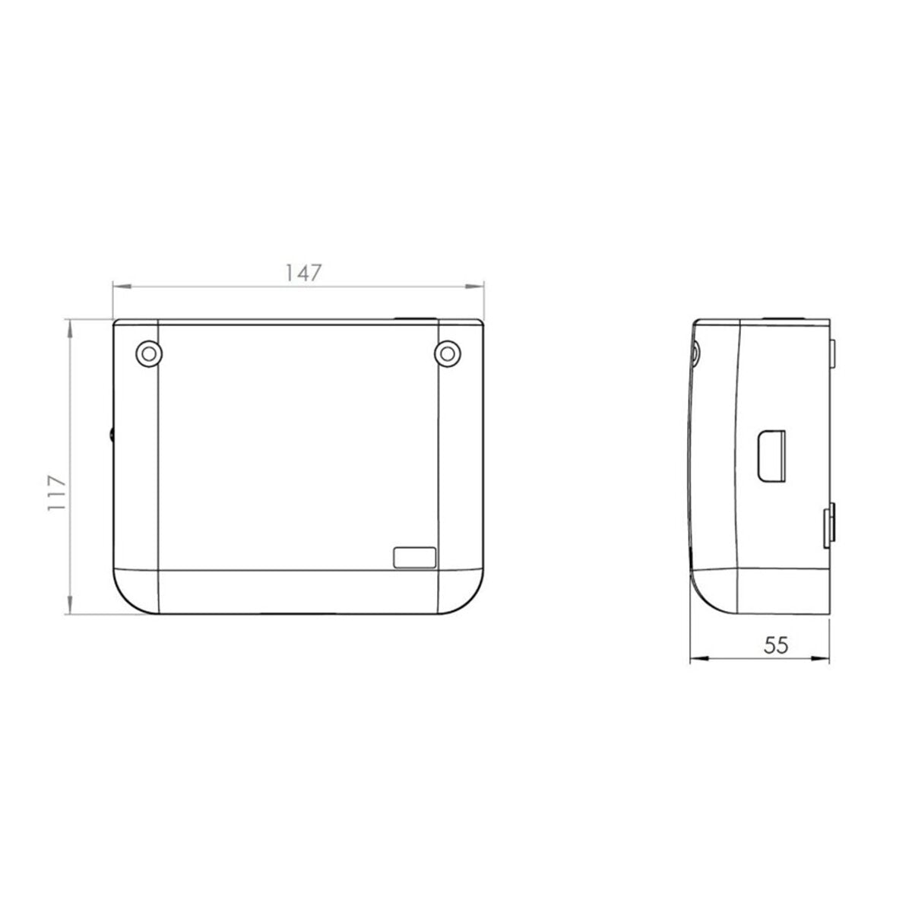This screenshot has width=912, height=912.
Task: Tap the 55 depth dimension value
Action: (777, 644)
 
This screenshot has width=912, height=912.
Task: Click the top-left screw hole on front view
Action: (147, 353)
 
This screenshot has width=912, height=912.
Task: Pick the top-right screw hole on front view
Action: (448, 353)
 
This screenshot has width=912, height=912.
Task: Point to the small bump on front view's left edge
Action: (111, 435)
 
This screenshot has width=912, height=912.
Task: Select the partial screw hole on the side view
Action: (696, 351)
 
